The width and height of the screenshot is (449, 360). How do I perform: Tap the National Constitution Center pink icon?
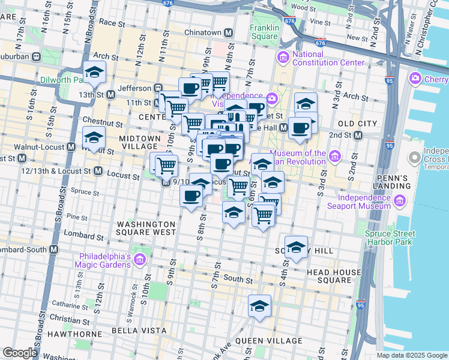282,57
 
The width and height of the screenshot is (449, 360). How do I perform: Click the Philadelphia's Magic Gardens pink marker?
140,260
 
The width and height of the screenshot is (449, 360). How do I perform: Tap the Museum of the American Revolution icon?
335,157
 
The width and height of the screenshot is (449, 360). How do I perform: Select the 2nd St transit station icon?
358,135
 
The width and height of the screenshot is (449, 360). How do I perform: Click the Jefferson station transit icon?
159,88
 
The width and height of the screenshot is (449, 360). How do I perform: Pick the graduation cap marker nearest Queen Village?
259,306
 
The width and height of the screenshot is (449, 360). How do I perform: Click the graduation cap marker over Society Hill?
296,247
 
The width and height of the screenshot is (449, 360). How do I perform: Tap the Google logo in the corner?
20,353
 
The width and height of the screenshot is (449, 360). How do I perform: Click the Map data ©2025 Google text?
411,355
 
